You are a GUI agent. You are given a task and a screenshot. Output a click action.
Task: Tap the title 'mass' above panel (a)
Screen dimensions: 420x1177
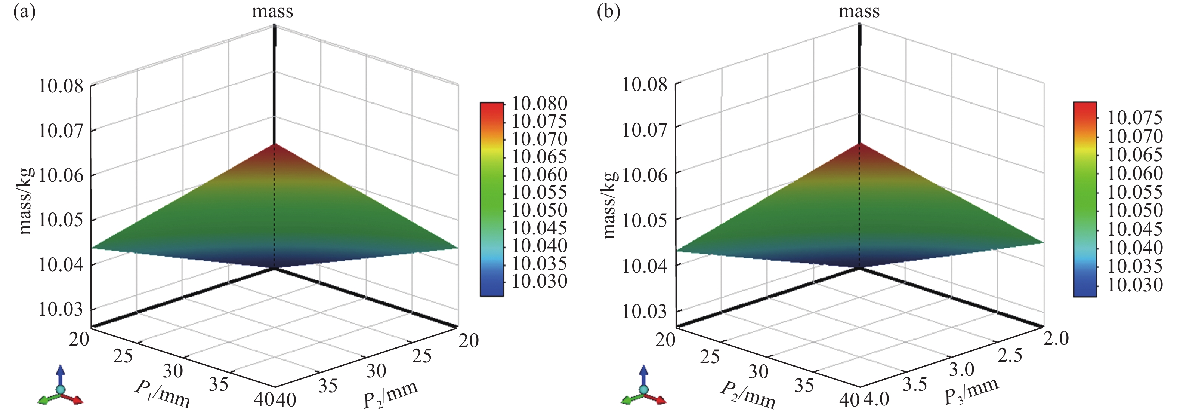(272, 11)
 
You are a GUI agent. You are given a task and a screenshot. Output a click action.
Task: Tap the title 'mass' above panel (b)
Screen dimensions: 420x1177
(859, 11)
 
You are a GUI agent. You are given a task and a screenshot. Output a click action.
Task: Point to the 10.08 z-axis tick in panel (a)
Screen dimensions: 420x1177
(61, 86)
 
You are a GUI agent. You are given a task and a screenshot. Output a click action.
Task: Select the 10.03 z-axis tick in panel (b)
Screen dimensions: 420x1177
(645, 312)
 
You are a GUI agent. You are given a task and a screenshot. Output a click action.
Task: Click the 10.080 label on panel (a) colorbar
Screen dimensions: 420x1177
(539, 103)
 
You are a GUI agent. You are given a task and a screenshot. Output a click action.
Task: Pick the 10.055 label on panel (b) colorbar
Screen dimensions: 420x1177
(1134, 192)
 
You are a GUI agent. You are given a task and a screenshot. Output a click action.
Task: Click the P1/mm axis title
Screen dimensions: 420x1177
(162, 394)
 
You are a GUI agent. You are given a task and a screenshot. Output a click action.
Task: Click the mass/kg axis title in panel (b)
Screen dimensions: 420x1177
(610, 205)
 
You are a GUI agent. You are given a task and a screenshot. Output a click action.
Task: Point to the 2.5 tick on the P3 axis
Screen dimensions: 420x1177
(1010, 355)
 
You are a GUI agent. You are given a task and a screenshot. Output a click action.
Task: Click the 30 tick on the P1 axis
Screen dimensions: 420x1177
(173, 371)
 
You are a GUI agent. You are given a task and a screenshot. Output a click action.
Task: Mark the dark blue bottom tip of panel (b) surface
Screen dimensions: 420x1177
(859, 266)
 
